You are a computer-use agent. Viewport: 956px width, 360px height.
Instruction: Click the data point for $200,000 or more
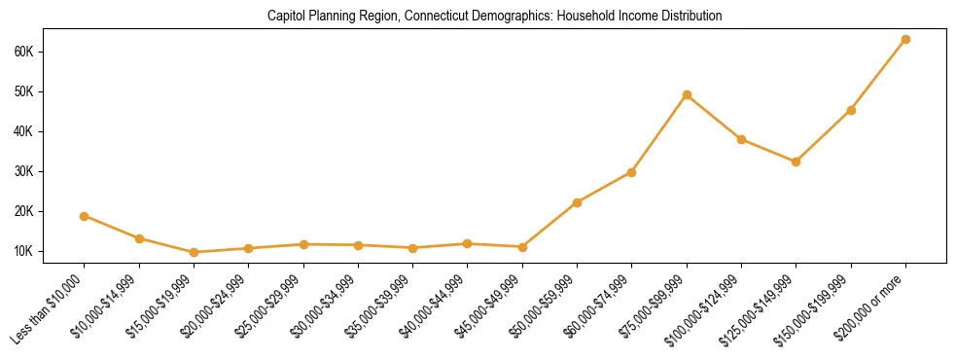905,39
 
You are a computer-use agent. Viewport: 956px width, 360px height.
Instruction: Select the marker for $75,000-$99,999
687,94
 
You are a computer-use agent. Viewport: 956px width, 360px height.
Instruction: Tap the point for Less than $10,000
85,216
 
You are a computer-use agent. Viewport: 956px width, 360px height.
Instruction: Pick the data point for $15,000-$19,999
195,252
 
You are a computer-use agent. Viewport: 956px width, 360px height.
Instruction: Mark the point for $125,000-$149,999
797,162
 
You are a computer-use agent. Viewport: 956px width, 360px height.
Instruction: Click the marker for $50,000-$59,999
577,202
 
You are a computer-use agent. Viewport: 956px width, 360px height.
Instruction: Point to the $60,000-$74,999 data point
632,172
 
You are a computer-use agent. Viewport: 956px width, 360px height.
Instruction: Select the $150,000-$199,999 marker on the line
851,110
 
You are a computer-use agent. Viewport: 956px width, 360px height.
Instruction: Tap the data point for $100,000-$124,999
741,139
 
